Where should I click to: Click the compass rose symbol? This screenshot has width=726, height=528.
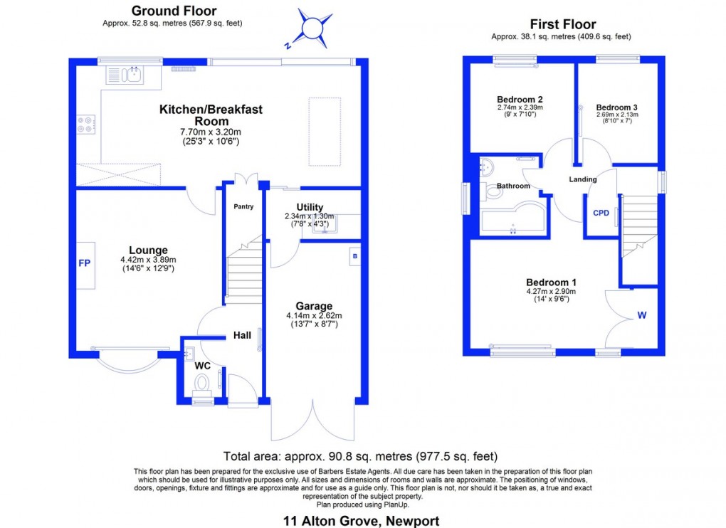click(x=312, y=27)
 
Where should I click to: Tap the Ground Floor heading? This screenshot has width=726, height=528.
click(x=174, y=11)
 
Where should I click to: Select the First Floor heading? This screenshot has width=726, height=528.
click(x=563, y=24)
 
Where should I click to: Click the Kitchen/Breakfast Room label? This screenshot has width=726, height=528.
click(x=211, y=115)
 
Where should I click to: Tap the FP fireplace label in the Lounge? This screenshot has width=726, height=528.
click(x=84, y=263)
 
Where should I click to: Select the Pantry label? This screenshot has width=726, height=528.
click(x=243, y=207)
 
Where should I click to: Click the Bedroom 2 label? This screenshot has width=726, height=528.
click(x=520, y=99)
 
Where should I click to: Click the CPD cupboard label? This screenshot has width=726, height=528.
click(x=601, y=212)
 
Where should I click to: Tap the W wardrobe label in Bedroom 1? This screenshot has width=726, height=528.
click(x=641, y=315)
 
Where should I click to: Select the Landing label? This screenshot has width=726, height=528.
click(x=582, y=179)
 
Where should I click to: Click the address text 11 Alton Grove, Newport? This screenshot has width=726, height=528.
click(x=362, y=521)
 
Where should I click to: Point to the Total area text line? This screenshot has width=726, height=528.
click(x=360, y=456)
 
